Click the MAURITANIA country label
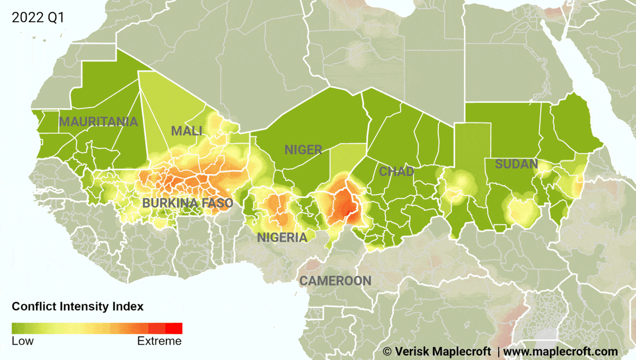click(x=98, y=122)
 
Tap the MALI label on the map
click(x=187, y=131)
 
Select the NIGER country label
click(x=303, y=150)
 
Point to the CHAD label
click(x=396, y=172)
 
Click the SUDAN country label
click(x=516, y=164)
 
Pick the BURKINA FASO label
click(x=188, y=203)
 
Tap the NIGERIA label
click(x=282, y=238)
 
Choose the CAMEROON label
click(x=335, y=281)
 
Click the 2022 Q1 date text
click(x=38, y=17)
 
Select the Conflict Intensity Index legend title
click(x=77, y=306)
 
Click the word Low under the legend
click(x=22, y=341)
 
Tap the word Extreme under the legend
click(x=159, y=341)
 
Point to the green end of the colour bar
click(x=19, y=328)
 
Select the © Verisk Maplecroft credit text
click(x=437, y=352)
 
